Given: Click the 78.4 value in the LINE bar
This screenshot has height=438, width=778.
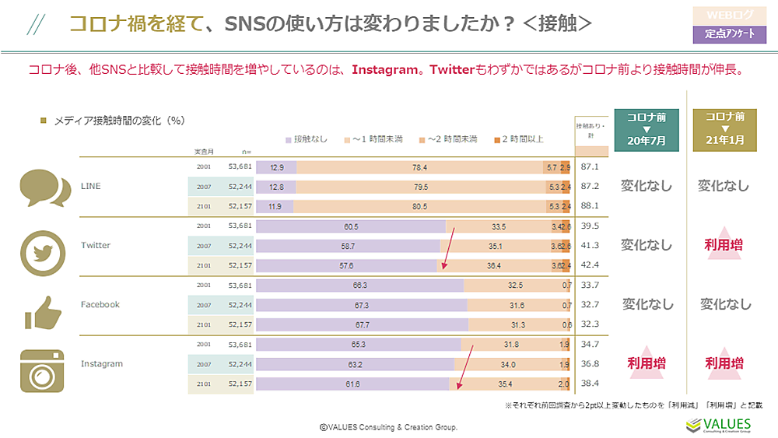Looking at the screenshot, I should pyautogui.click(x=419, y=167).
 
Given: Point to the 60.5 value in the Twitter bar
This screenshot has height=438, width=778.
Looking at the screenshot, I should pyautogui.click(x=350, y=226).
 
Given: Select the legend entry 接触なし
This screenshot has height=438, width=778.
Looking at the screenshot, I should pyautogui.click(x=307, y=139).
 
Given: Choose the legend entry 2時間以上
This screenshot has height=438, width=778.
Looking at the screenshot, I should pyautogui.click(x=517, y=139).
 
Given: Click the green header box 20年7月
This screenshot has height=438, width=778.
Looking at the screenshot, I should pyautogui.click(x=647, y=128).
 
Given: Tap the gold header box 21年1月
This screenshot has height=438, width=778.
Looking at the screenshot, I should pyautogui.click(x=724, y=128).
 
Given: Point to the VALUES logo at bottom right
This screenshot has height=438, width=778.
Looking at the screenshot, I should pyautogui.click(x=718, y=425).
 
